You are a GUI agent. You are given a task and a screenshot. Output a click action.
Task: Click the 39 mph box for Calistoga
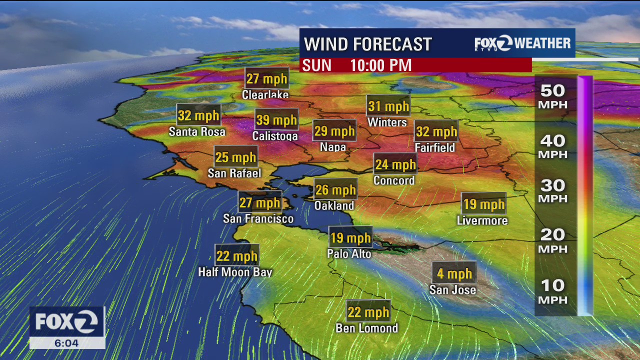[276, 120]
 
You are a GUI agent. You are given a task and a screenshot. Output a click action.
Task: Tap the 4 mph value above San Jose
[454, 273]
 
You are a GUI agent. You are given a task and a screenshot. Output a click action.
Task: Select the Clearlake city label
[265, 94]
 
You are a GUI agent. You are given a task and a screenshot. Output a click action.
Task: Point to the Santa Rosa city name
[197, 132]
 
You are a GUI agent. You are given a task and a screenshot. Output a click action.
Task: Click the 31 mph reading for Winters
[388, 106]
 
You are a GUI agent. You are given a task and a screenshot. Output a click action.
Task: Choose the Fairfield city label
[435, 147]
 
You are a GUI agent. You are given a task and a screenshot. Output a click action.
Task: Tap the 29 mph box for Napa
[334, 131]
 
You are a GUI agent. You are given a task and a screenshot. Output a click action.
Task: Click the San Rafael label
[234, 173]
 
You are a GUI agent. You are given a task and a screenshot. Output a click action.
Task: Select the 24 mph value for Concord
[395, 164]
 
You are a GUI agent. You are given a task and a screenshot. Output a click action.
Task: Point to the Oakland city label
[334, 205]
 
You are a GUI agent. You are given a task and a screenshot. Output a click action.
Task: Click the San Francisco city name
[258, 218]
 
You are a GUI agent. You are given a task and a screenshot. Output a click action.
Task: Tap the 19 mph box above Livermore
[483, 204]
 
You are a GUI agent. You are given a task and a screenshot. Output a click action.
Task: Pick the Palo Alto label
[349, 254]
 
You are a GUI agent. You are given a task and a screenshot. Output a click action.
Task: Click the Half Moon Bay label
[235, 272]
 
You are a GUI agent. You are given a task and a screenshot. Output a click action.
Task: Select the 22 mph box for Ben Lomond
[368, 312]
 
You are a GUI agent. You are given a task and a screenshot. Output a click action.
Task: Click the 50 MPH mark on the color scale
[552, 96]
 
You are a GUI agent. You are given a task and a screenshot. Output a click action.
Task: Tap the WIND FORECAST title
[367, 44]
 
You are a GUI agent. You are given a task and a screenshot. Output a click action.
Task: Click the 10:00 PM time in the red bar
[380, 65]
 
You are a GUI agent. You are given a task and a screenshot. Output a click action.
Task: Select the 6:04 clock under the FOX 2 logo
[67, 343]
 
